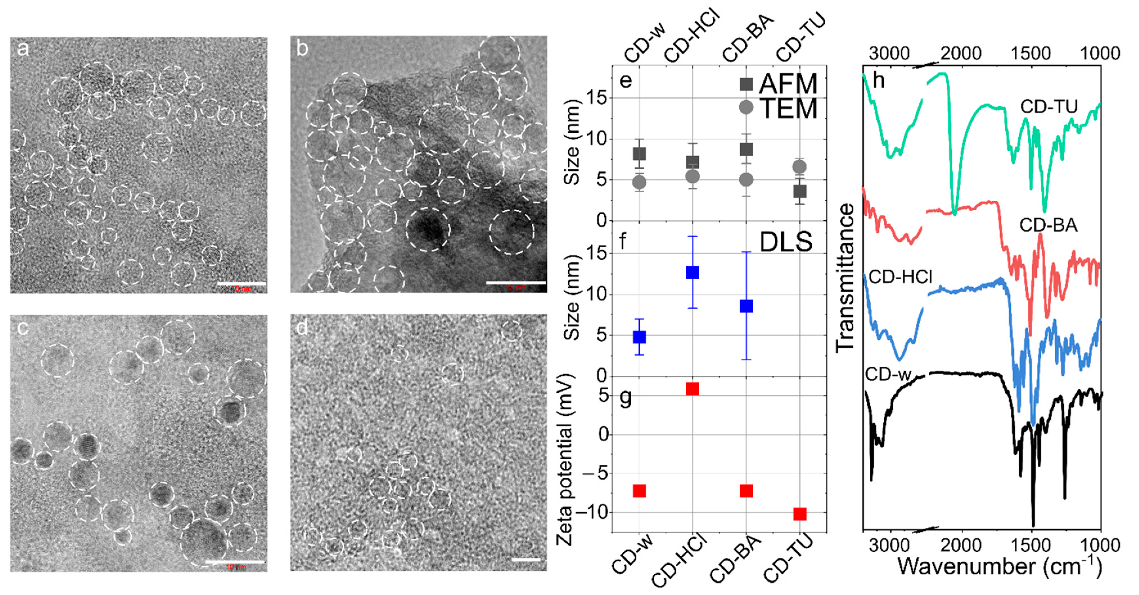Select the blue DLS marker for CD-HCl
pyautogui.click(x=693, y=272)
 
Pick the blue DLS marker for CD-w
pyautogui.click(x=639, y=337)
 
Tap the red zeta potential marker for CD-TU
pyautogui.click(x=799, y=514)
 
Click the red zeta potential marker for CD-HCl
pyautogui.click(x=693, y=388)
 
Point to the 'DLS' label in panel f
pyautogui.click(x=786, y=242)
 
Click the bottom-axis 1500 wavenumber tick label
pyautogui.click(x=1030, y=545)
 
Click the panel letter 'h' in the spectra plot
pyautogui.click(x=879, y=81)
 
